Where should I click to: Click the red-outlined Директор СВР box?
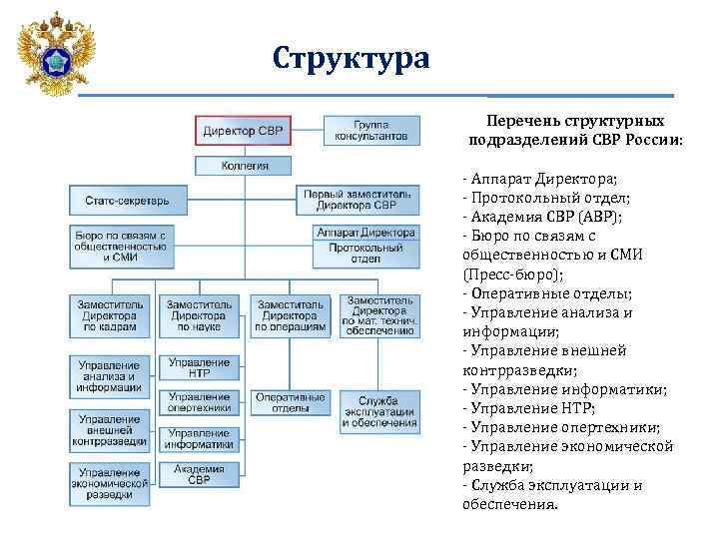point(243,131)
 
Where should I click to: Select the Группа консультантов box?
point(370,131)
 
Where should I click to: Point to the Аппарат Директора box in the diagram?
point(364,232)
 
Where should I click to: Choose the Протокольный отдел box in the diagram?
point(364,255)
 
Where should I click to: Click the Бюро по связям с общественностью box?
point(120,244)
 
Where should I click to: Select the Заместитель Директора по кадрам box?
point(110,314)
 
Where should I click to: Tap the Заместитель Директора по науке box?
point(199,314)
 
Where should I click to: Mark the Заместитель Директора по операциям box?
point(290,314)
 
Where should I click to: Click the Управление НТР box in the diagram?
point(199,367)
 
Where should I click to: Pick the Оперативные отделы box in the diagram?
point(290,402)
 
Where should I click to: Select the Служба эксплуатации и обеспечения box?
point(378,410)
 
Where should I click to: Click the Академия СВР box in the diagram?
point(199,474)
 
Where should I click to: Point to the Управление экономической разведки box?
point(110,482)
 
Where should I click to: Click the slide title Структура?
point(352,59)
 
